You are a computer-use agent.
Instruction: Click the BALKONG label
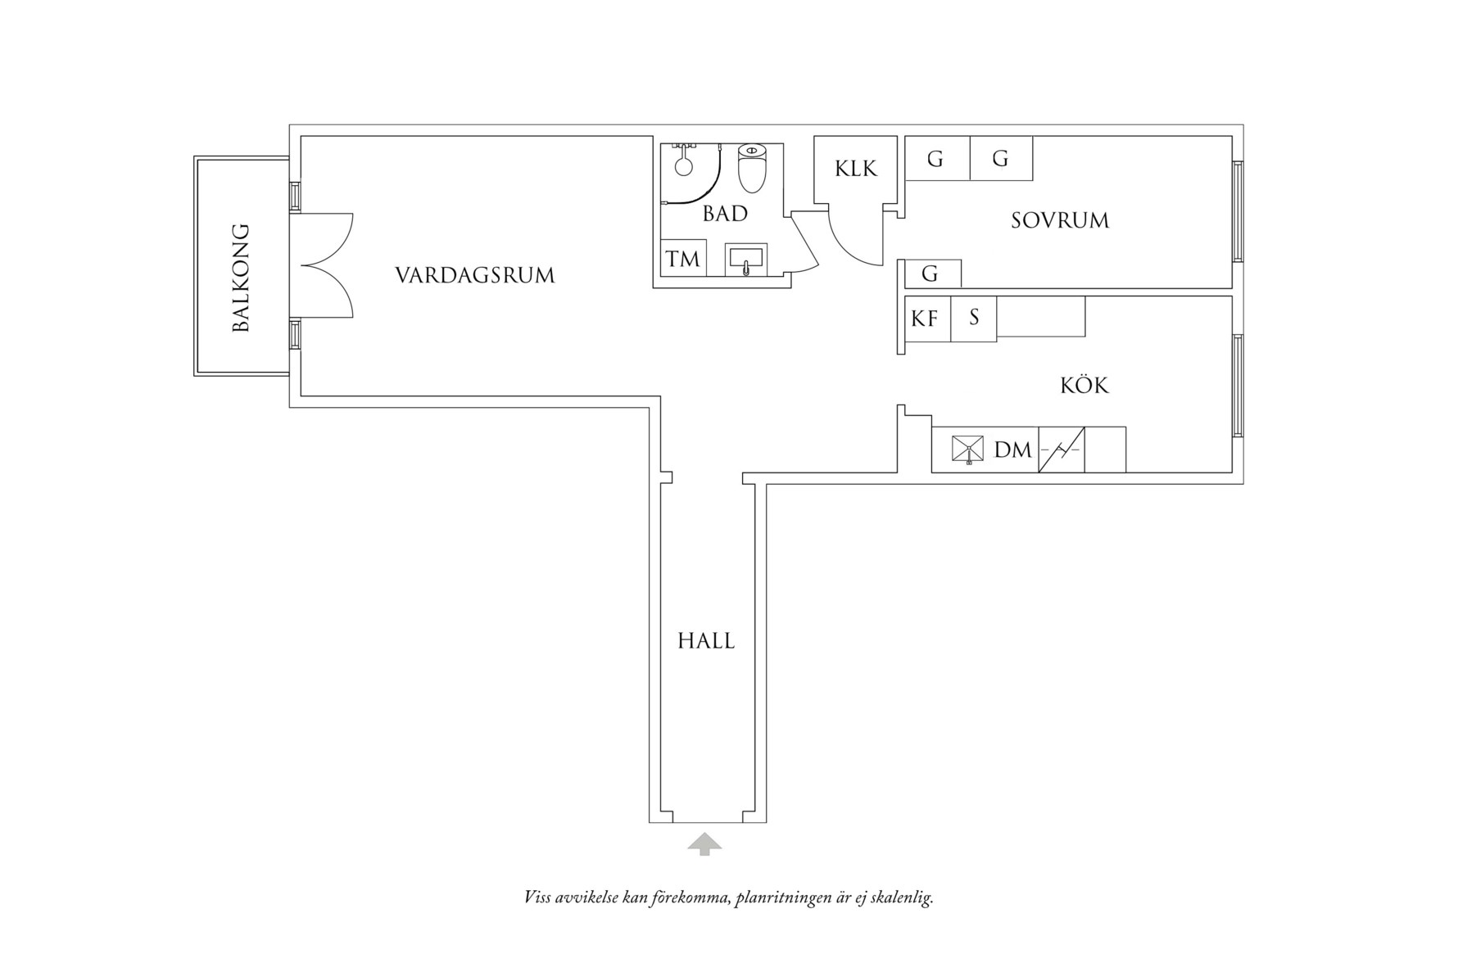241,278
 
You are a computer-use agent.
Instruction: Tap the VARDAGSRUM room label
475,275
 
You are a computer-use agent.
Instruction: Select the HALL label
706,641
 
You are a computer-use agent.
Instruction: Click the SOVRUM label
1060,220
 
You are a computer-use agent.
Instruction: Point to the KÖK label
1084,385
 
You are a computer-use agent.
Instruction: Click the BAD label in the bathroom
725,214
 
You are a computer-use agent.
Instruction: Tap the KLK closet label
856,169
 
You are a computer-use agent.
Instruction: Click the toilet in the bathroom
752,169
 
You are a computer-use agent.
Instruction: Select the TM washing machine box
682,260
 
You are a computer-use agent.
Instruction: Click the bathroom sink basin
745,260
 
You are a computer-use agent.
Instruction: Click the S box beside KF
974,319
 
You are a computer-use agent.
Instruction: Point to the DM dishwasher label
1013,450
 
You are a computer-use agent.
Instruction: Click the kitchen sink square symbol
968,450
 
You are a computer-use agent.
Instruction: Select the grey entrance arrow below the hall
704,844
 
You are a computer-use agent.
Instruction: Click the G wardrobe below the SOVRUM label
930,274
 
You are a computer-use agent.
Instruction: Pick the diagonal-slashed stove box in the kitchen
1062,450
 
